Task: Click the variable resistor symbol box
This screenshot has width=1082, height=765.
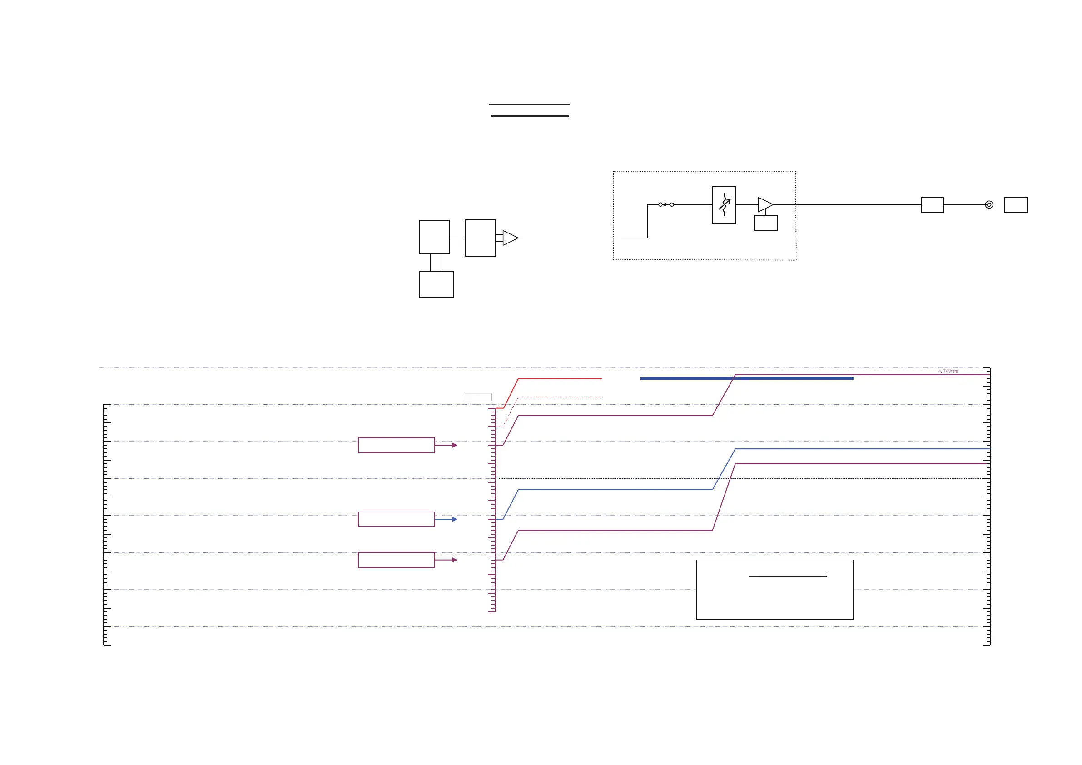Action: (x=723, y=204)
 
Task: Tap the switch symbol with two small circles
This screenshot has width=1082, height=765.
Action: (x=666, y=204)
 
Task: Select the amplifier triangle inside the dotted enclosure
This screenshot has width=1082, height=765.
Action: (x=765, y=204)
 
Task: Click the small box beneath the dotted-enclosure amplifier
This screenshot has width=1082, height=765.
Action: (x=765, y=223)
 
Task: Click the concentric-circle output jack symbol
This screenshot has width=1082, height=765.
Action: (x=989, y=204)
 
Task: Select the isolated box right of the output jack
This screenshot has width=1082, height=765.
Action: (x=1016, y=204)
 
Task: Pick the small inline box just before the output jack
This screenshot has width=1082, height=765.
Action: (x=932, y=204)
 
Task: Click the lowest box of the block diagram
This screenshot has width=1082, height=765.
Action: (x=437, y=284)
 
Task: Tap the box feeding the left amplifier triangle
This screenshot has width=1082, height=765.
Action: (x=480, y=238)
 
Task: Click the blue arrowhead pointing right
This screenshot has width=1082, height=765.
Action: (x=454, y=519)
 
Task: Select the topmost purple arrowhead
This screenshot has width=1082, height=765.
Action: (x=454, y=446)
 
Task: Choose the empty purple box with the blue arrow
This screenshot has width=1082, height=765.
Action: (x=397, y=519)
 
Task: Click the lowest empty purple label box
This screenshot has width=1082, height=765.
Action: (x=397, y=560)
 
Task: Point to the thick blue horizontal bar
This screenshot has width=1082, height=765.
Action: (x=746, y=378)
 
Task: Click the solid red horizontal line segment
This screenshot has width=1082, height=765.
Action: (x=560, y=378)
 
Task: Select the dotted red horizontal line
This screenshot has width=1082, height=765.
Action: (x=560, y=397)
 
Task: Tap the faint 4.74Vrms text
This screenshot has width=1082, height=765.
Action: (x=948, y=372)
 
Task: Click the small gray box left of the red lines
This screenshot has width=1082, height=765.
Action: (x=478, y=397)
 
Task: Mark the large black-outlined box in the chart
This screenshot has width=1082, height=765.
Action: (x=774, y=590)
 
